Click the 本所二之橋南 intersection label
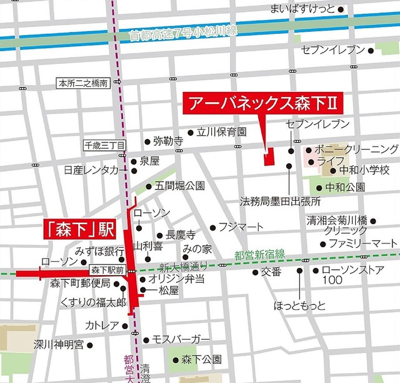click(x=82, y=83)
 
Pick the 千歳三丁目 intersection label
click(x=105, y=145)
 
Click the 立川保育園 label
click(x=221, y=132)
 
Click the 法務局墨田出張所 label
click(x=281, y=202)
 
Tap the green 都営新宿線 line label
click(x=260, y=253)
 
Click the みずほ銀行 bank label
click(x=99, y=251)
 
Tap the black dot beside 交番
click(x=255, y=272)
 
